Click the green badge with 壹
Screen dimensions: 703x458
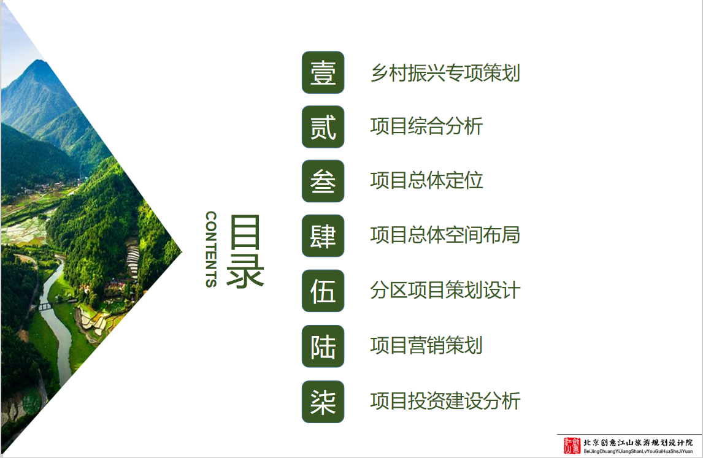click(x=323, y=72)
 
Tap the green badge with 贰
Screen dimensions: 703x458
click(x=323, y=127)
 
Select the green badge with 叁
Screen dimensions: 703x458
click(x=323, y=181)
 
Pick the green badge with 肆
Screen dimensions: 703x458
click(x=323, y=235)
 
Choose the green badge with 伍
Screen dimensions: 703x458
click(x=323, y=291)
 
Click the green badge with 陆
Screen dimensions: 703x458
click(x=323, y=346)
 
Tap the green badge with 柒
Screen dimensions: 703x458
click(x=323, y=402)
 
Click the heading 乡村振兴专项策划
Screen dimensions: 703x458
click(x=445, y=73)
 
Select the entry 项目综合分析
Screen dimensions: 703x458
click(x=426, y=126)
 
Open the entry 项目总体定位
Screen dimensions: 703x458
click(x=426, y=180)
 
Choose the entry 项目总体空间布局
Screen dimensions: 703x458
click(x=445, y=235)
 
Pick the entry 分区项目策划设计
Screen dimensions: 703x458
click(x=445, y=290)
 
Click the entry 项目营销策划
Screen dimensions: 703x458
click(x=426, y=346)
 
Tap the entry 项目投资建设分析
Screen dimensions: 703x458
click(x=445, y=400)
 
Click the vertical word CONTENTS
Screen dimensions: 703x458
click(x=211, y=249)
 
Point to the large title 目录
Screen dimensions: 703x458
click(x=245, y=251)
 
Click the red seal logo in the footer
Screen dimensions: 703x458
click(x=572, y=446)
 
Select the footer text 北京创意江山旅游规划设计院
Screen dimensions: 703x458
click(x=638, y=443)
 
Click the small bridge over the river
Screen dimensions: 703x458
click(x=45, y=307)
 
